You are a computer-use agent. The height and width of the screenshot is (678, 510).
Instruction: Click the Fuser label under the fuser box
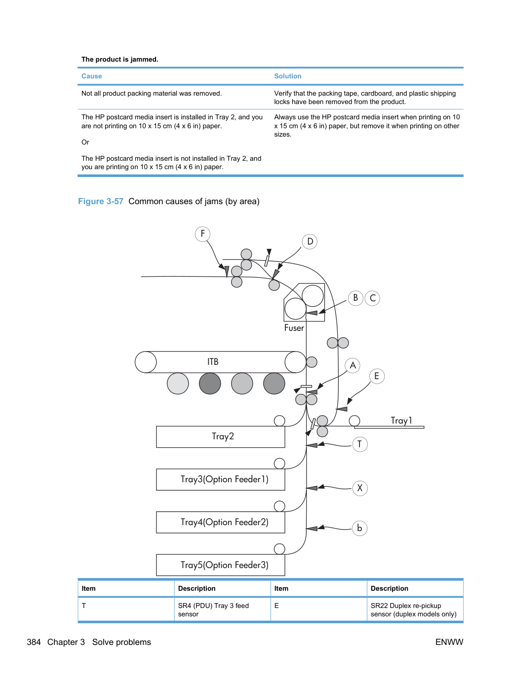click(x=294, y=328)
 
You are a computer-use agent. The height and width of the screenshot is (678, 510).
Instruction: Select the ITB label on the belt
click(x=213, y=362)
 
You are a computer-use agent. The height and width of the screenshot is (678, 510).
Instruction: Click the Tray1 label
click(x=401, y=421)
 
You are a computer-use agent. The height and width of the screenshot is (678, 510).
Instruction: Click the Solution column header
click(x=288, y=76)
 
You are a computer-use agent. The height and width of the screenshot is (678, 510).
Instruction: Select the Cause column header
click(x=91, y=76)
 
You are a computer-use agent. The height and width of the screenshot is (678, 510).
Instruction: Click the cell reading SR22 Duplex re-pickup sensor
click(x=414, y=610)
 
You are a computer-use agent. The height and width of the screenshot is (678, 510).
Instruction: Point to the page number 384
click(x=34, y=642)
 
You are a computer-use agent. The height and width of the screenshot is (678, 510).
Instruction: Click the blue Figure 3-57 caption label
click(x=101, y=201)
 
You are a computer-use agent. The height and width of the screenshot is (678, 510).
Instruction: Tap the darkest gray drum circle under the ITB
click(x=210, y=384)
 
